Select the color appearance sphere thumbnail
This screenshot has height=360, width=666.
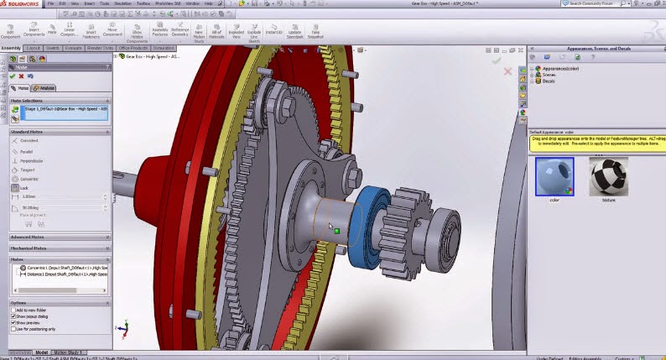pyautogui.click(x=554, y=177)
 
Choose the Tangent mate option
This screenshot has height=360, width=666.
pyautogui.click(x=30, y=170)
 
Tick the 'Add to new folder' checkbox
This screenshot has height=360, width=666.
pyautogui.click(x=13, y=310)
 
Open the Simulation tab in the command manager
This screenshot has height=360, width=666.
pyautogui.click(x=164, y=48)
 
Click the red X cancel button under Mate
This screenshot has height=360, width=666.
pyautogui.click(x=23, y=76)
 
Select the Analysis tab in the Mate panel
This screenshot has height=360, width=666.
pyautogui.click(x=44, y=87)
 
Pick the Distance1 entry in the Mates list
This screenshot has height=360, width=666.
pyautogui.click(x=59, y=274)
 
